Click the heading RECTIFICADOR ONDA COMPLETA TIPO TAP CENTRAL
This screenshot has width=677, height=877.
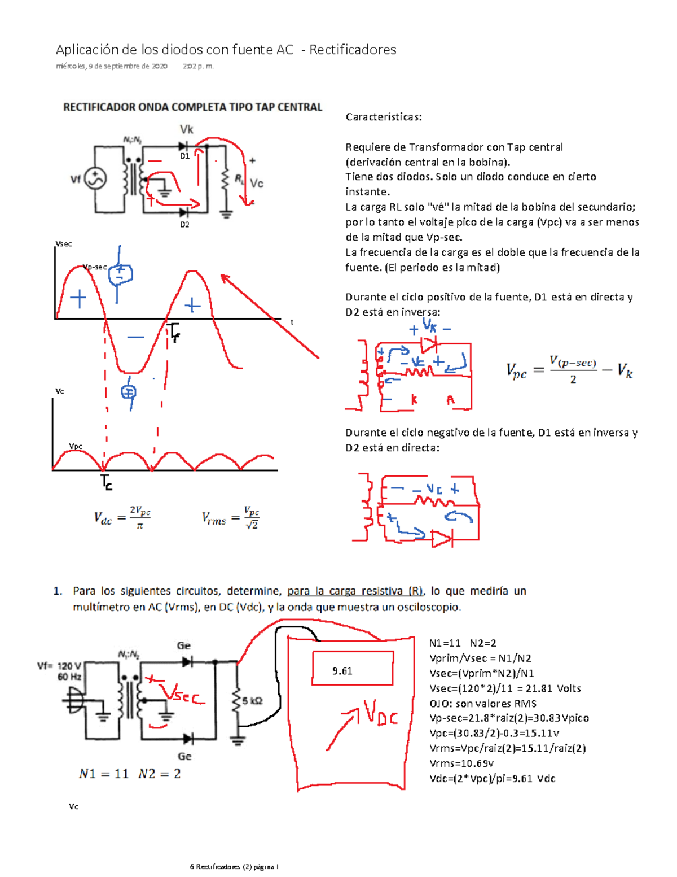point(192,107)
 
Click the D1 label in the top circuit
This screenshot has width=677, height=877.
point(184,156)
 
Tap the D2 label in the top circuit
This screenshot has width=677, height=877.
point(184,224)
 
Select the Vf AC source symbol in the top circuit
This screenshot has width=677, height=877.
point(95,179)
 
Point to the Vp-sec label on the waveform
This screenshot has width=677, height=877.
point(95,267)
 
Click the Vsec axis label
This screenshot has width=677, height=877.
point(63,244)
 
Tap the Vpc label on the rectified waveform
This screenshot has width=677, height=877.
point(76,446)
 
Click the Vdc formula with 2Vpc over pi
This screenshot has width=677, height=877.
point(122,517)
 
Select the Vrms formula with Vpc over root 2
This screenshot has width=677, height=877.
point(230,517)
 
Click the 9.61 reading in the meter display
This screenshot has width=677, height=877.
point(342,671)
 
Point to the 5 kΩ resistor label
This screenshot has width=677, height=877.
point(252,701)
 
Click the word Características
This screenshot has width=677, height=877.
point(384,117)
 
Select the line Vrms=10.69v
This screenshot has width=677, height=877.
point(461,763)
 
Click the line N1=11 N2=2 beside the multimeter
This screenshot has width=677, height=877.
point(463,643)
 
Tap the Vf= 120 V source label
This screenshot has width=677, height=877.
point(59,666)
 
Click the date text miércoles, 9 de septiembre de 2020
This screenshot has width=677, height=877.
point(112,66)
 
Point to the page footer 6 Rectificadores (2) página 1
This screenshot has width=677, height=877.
point(234,867)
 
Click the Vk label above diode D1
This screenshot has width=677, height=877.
point(186,129)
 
